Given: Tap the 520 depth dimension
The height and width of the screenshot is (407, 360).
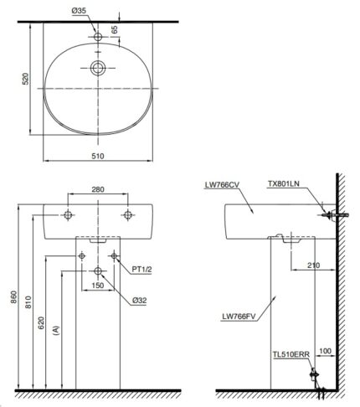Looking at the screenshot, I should pos(25,80).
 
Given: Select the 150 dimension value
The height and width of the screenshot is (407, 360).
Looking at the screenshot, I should pos(99,286).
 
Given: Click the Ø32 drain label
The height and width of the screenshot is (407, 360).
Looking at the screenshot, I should pos(139,299).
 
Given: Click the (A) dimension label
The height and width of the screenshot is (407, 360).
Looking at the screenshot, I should pos(55,331).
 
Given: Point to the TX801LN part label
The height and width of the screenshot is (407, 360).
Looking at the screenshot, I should pos(282,183).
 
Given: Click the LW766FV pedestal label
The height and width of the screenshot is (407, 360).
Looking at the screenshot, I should pos(238,317).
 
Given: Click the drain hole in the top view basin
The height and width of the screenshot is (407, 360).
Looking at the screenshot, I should pos(98,68).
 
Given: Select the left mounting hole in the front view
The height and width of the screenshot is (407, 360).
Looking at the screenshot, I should pos(69,215).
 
